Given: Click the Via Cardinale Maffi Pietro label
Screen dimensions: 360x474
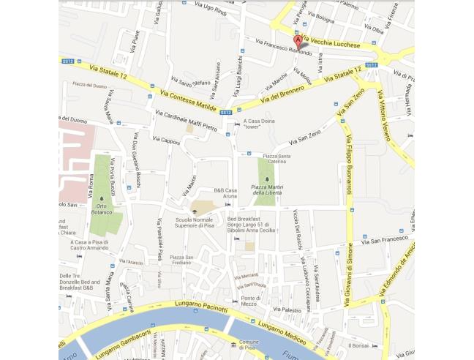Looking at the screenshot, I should pos(187,121).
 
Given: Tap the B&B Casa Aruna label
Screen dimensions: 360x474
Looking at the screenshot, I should pos(225,193).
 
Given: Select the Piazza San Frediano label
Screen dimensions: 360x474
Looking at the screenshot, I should pos(181,260).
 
